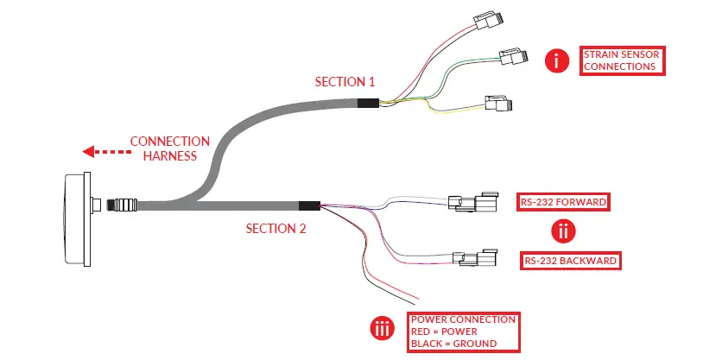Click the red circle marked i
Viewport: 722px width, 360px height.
(x=557, y=60)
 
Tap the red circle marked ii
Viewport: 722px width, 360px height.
(x=562, y=231)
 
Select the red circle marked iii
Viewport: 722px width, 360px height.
(x=383, y=329)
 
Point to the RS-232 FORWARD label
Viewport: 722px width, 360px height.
(x=563, y=203)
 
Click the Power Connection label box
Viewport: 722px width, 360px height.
(x=464, y=332)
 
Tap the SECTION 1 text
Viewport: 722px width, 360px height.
(x=345, y=83)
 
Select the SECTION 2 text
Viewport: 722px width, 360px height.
(x=275, y=229)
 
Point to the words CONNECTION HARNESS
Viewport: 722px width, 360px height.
(x=169, y=148)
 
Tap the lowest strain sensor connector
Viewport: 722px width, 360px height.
(x=498, y=104)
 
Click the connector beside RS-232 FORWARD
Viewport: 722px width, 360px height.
(x=472, y=203)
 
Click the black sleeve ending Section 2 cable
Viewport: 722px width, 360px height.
(x=308, y=207)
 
